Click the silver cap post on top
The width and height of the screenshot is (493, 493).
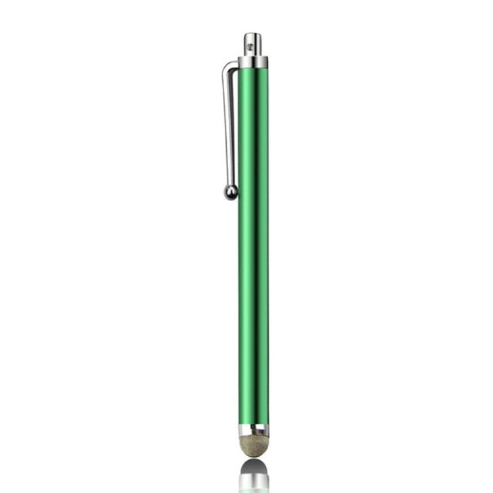coord(252,45)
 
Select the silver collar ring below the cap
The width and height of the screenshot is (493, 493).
coord(253,62)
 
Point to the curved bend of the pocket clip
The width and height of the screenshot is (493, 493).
coord(228,66)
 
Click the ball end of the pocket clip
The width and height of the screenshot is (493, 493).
coord(231,192)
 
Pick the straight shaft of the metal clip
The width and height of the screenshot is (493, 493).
coord(228,125)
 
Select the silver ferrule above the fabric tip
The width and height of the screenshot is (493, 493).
coord(254,430)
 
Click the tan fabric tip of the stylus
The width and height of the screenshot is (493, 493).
coord(254,445)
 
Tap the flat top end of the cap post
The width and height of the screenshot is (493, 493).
coord(252,34)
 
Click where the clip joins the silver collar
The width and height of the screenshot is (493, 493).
coord(239,63)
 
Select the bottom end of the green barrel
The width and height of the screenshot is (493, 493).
coord(254,421)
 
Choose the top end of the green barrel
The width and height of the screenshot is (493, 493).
coord(253,71)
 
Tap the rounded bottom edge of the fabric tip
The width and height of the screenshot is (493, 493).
coord(254,456)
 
